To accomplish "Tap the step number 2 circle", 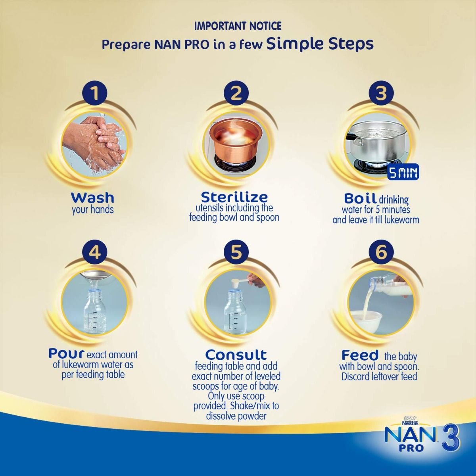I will click(236, 94).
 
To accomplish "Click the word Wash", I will click(92, 197).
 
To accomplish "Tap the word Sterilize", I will click(234, 197).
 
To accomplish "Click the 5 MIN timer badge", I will click(403, 173).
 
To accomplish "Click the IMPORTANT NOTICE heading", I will click(238, 26).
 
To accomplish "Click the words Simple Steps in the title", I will click(320, 43).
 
